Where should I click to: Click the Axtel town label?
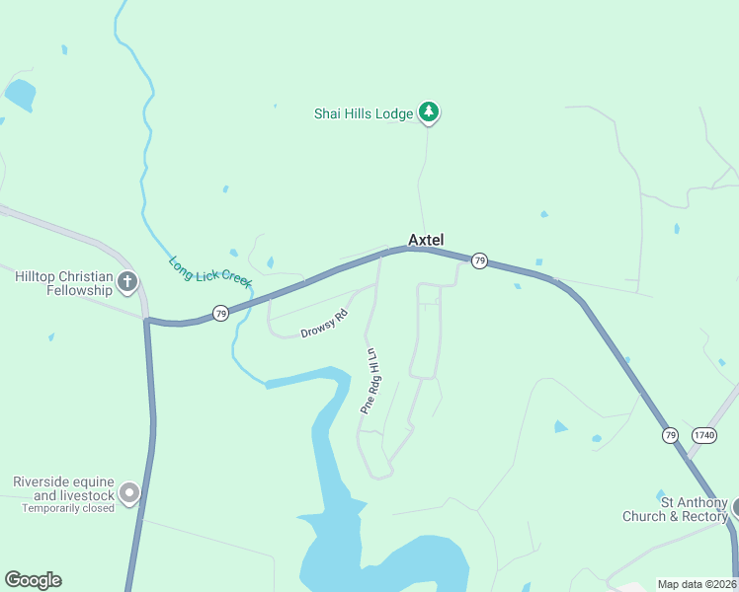(x=426, y=240)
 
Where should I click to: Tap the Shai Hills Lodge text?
(x=364, y=113)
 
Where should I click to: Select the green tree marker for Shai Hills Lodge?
(x=428, y=111)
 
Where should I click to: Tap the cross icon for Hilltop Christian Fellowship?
(x=126, y=282)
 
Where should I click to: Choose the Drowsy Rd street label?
(x=325, y=324)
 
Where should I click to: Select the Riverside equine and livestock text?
(x=64, y=488)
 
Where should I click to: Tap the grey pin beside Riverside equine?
(x=128, y=491)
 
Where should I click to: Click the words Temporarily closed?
(x=69, y=508)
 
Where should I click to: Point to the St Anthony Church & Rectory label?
(x=675, y=509)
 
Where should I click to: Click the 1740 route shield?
(x=704, y=435)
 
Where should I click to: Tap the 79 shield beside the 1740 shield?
(x=671, y=435)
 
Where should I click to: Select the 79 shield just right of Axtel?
(x=479, y=260)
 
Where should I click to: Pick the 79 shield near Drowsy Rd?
(x=220, y=313)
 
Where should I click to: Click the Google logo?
(x=33, y=580)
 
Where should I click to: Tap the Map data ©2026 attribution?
(x=698, y=584)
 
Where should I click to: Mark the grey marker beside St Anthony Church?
(x=736, y=507)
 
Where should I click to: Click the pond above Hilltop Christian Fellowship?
(x=19, y=95)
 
